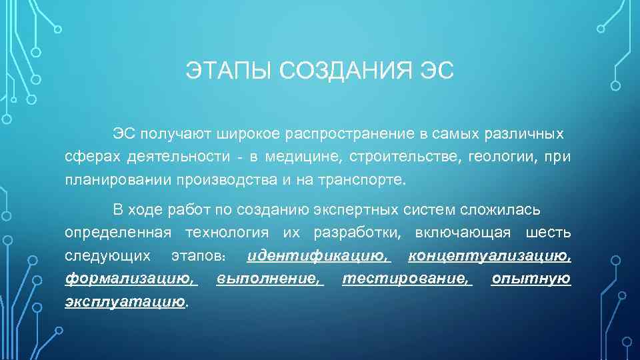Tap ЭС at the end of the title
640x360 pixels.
[437, 70]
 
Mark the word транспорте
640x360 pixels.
[363, 179]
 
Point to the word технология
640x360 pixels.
[227, 233]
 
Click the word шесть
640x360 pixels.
[548, 233]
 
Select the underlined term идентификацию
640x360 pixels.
[318, 256]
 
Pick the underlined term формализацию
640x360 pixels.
[131, 279]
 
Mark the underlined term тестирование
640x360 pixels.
[406, 279]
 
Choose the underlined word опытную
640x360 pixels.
[531, 279]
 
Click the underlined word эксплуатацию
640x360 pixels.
[125, 301]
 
